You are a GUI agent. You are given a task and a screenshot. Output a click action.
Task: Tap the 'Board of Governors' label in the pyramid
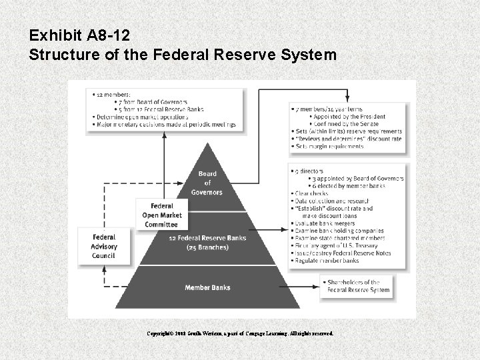coord(207,183)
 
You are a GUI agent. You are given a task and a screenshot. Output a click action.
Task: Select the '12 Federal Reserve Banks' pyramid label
coord(207,238)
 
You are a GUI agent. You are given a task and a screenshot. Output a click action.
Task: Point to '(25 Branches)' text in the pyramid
coord(207,247)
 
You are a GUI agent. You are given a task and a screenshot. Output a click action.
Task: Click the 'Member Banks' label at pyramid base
coord(207,287)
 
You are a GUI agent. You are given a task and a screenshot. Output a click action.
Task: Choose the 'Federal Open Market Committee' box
coord(162,215)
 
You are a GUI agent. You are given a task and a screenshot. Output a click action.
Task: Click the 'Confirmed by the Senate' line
coord(346,123)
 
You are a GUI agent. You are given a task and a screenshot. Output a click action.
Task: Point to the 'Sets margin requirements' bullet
coord(329,146)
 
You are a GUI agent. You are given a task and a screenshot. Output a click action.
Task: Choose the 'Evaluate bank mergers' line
coord(323,223)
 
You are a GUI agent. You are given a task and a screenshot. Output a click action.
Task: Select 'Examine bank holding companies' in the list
coord(336,231)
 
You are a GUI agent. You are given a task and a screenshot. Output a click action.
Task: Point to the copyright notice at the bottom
coord(239,332)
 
